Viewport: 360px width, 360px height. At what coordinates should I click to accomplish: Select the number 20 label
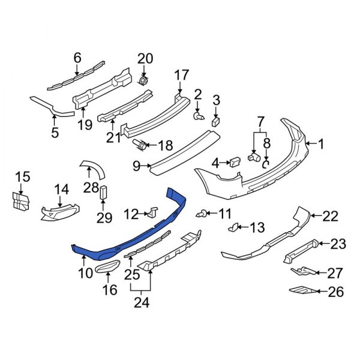coord(145,59)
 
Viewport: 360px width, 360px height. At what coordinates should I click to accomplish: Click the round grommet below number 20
coord(144,80)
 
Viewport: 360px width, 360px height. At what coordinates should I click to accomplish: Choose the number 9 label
coord(136,165)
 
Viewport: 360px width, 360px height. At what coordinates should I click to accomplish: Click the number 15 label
coord(22,176)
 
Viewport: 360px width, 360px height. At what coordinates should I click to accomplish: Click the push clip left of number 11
coord(203,213)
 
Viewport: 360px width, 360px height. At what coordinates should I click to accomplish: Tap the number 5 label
coord(55,133)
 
